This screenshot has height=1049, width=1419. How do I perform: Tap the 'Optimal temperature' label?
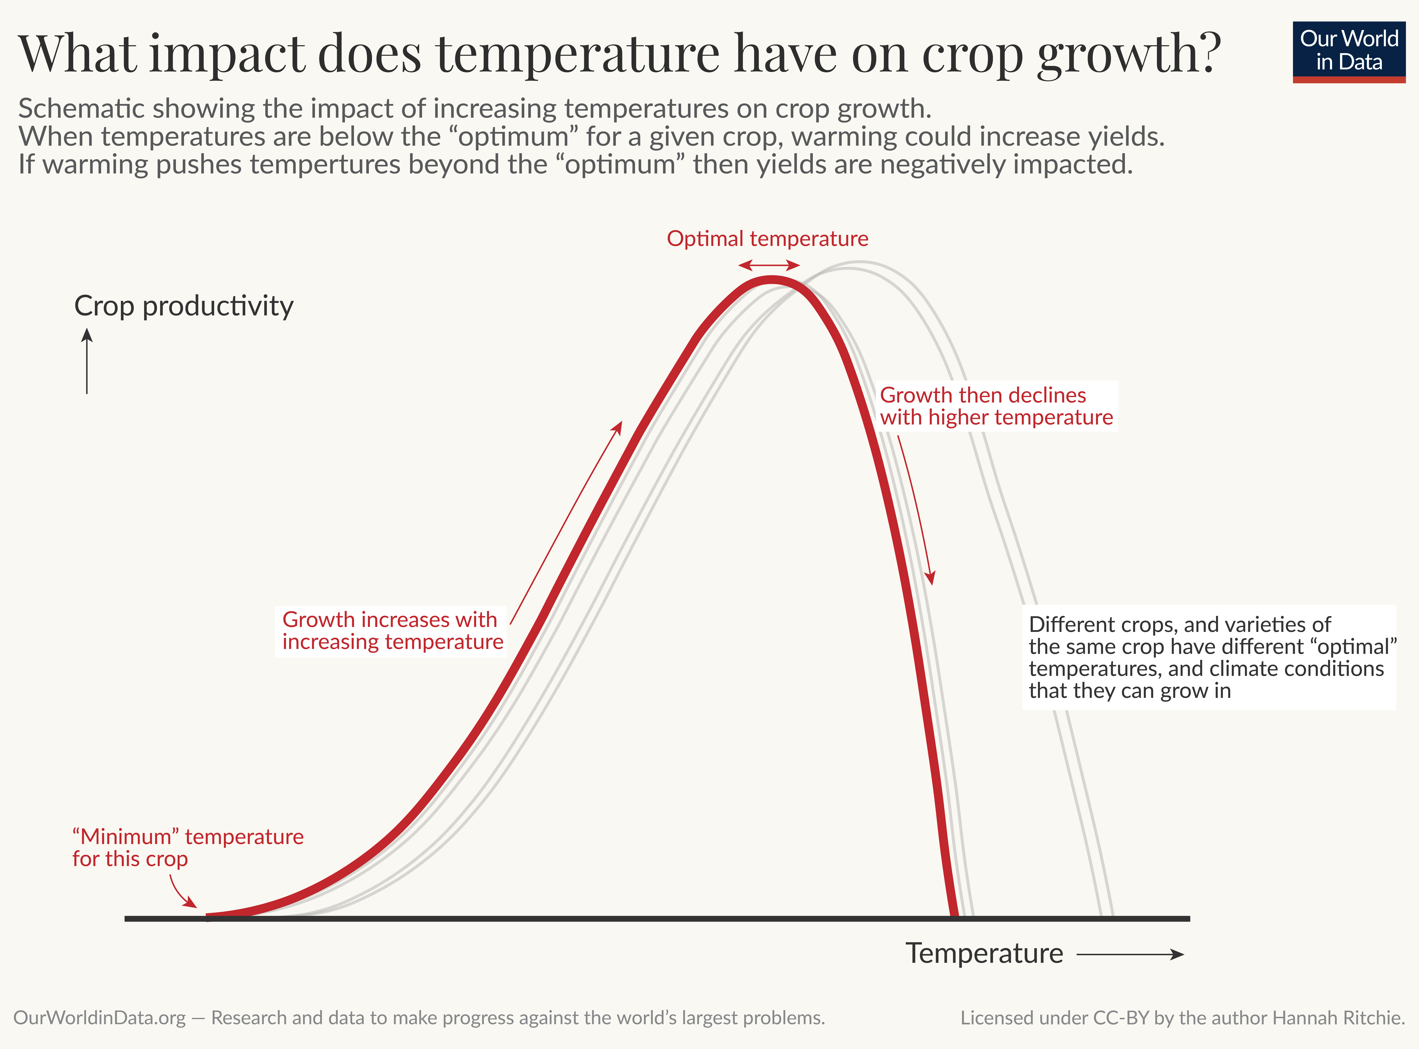click(x=767, y=239)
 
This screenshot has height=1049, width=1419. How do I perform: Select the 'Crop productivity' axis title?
click(x=183, y=306)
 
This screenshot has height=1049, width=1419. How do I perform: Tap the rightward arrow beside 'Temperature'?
click(x=1130, y=954)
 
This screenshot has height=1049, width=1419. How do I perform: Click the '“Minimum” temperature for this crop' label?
click(x=187, y=848)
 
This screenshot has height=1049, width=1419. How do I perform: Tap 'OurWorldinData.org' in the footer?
click(x=100, y=1018)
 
